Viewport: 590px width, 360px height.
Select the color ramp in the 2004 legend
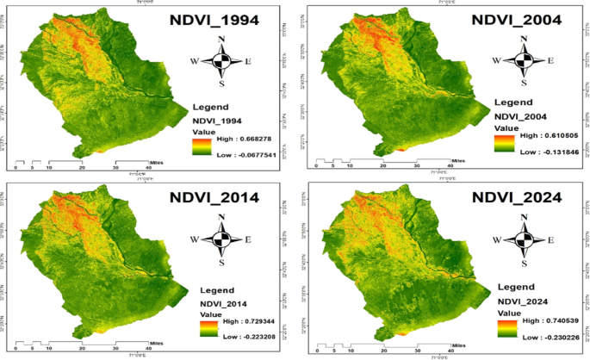503,142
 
